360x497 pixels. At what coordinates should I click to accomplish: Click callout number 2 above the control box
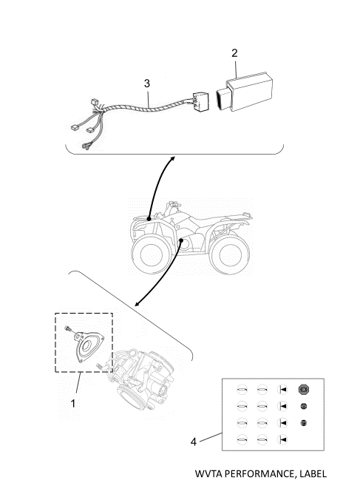coord(234,53)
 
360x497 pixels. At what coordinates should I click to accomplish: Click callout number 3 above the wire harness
coord(146,84)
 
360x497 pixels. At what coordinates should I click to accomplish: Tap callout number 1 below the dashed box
coord(73,404)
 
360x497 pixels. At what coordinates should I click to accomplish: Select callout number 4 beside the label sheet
coord(194,442)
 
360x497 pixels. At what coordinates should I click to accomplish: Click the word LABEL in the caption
coord(313,474)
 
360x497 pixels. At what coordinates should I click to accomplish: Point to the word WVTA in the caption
coord(206,474)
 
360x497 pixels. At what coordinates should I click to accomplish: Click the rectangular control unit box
coord(244,93)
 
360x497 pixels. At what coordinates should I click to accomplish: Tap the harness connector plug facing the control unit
coord(200,101)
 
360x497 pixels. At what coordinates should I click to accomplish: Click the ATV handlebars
coord(174,206)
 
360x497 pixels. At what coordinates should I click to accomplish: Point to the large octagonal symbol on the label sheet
coord(303,389)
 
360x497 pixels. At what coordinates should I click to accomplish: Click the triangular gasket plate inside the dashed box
coord(89,346)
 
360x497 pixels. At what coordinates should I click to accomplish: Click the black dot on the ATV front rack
coord(149,219)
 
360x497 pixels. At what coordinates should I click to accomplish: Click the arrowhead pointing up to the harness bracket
coord(172,158)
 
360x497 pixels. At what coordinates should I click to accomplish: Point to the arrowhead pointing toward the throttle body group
coord(137,304)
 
